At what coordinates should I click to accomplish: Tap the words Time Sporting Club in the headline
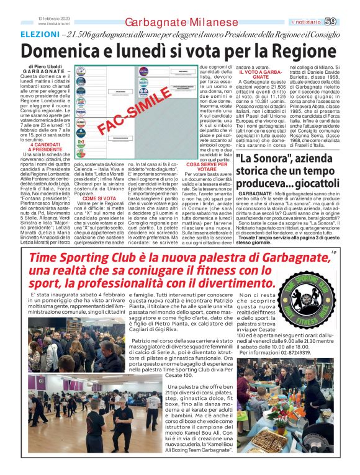81,258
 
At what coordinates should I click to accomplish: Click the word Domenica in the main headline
59,50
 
